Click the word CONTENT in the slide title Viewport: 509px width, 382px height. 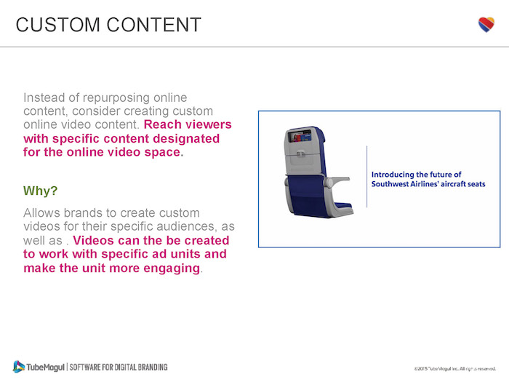pos(154,24)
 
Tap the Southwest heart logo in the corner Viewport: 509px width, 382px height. pos(486,25)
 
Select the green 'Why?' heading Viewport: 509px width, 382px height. pos(40,191)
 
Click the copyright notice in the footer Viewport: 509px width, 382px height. pos(454,370)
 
